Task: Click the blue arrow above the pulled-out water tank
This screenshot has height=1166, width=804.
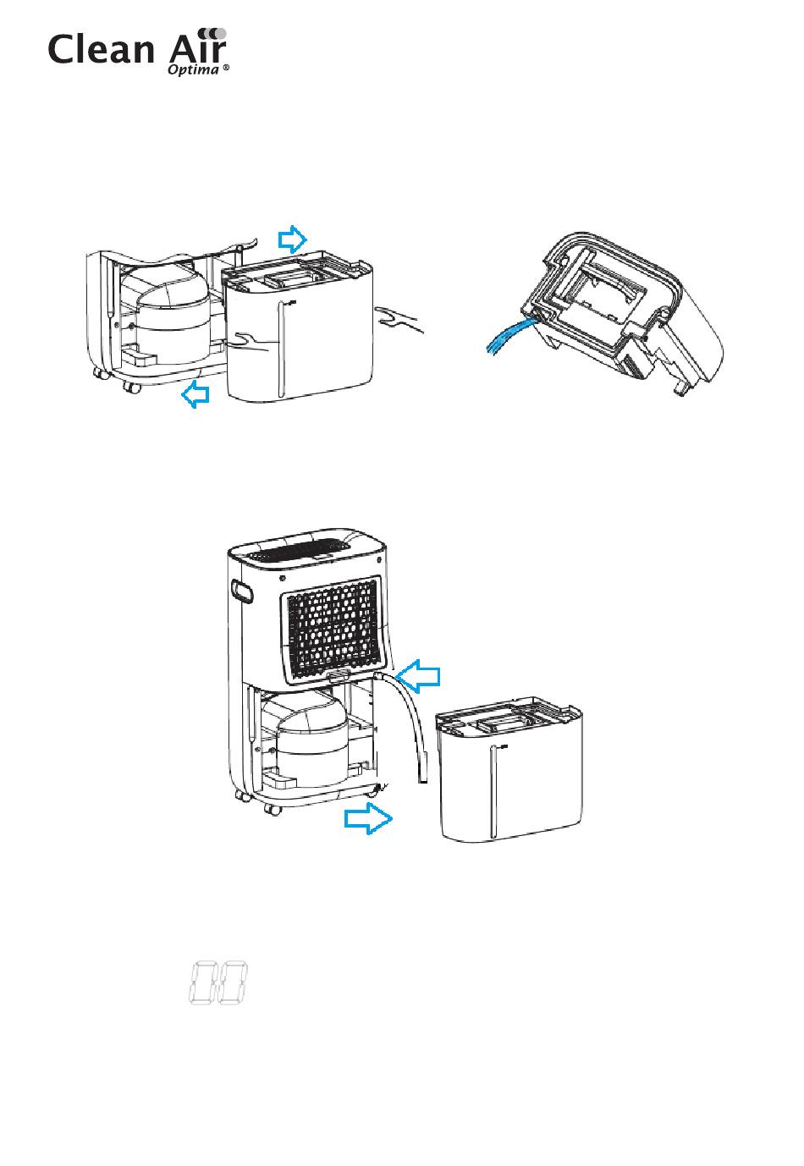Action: click(293, 239)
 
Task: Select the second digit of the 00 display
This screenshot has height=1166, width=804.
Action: click(232, 983)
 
